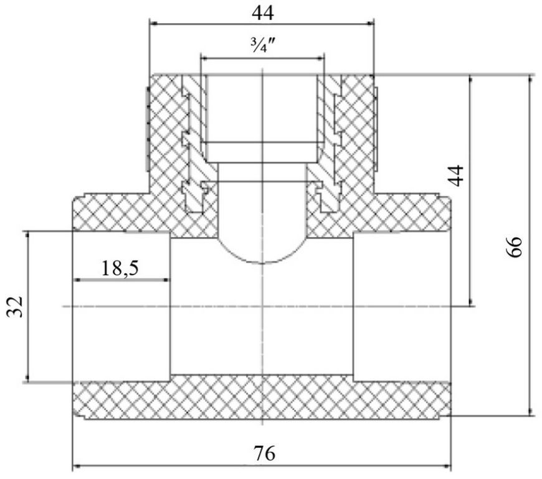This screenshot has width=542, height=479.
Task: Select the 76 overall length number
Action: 264,453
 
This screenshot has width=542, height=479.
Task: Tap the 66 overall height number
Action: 514,246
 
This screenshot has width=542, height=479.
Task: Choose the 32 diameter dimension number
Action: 15,306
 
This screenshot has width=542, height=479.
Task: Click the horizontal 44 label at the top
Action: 263,13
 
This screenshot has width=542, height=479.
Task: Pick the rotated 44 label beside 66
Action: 456,175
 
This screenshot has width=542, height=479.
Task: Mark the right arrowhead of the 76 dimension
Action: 447,467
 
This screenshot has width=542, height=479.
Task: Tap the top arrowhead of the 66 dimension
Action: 530,80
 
